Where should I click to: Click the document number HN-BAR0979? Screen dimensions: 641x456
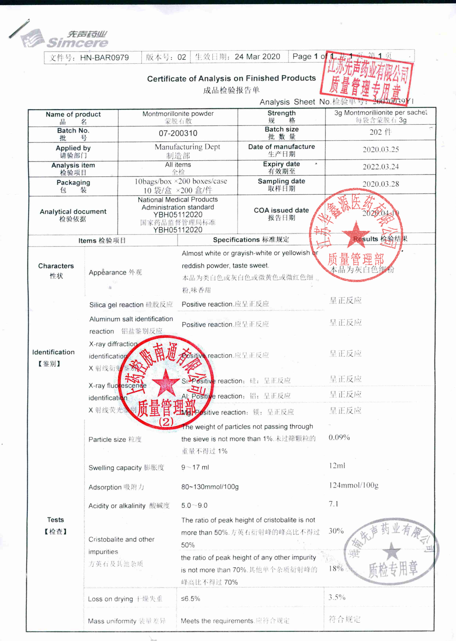point(104,57)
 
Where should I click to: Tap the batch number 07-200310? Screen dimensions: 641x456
point(178,133)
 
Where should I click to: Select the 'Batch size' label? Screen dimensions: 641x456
point(281,129)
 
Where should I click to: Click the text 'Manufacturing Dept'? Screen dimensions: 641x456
point(187,147)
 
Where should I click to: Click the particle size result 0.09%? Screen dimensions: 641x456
point(339,437)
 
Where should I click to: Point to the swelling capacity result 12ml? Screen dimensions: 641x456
point(337,466)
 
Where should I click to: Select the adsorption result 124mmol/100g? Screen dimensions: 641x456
point(354,485)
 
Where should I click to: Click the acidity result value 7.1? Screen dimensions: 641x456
point(334,504)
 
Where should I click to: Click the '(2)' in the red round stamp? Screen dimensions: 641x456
point(166,422)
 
